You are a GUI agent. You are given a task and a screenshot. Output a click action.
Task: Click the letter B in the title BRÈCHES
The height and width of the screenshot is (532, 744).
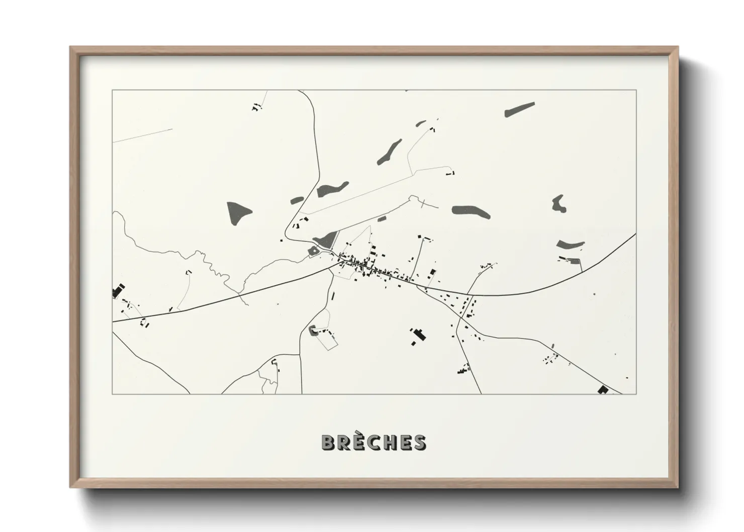coord(329,442)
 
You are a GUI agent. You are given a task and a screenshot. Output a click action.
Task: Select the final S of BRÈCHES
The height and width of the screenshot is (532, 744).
coord(419,442)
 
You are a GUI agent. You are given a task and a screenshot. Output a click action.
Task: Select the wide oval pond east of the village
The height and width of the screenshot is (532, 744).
coord(471,211)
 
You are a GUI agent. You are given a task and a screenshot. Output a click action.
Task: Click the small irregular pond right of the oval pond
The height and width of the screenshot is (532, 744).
coord(558,203)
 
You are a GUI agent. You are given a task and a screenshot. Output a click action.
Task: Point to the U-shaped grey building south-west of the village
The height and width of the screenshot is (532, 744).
coord(312,330)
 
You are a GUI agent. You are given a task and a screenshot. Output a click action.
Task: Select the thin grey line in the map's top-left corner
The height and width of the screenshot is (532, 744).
coord(143,135)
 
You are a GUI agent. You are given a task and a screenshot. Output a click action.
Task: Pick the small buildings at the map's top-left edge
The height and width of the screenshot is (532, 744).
coord(257,107)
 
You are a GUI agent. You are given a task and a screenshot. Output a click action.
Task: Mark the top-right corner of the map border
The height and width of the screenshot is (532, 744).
coord(636,90)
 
